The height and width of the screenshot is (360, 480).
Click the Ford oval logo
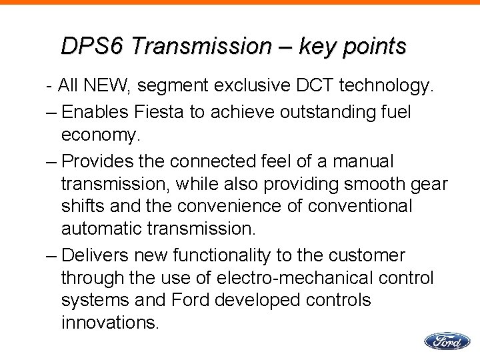pyautogui.click(x=446, y=341)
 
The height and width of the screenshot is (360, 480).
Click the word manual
pyautogui.click(x=364, y=162)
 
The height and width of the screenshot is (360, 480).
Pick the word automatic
pyautogui.click(x=102, y=229)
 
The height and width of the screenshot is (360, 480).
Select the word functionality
pyautogui.click(x=246, y=256)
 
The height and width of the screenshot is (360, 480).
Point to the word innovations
pyautogui.click(x=110, y=323)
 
